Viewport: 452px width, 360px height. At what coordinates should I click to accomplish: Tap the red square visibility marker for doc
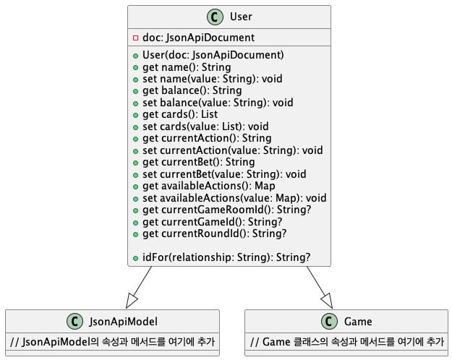point(136,37)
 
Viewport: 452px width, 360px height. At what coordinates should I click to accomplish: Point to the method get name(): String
point(176,67)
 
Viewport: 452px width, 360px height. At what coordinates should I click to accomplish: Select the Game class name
point(359,322)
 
